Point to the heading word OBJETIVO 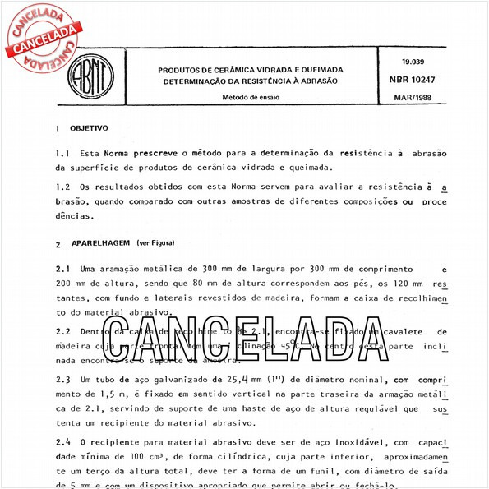89,130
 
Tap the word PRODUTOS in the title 182,69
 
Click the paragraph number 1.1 62,154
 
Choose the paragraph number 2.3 62,381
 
